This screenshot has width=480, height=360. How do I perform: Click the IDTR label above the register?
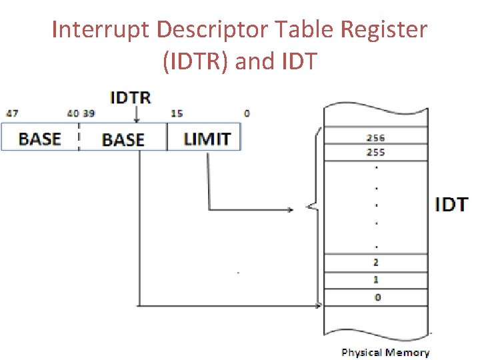pyautogui.click(x=130, y=97)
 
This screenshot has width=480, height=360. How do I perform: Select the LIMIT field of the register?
pyautogui.click(x=207, y=139)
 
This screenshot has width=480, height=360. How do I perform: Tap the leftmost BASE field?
pyautogui.click(x=39, y=139)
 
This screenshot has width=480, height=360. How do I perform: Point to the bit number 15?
pyautogui.click(x=177, y=113)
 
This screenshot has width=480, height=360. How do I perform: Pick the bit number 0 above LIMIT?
pyautogui.click(x=247, y=113)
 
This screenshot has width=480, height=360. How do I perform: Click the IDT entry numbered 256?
pyautogui.click(x=375, y=138)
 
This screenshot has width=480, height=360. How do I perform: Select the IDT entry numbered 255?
pyautogui.click(x=375, y=152)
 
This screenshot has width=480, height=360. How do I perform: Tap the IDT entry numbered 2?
pyautogui.click(x=376, y=263)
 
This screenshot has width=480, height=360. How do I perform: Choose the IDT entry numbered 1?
pyautogui.click(x=376, y=280)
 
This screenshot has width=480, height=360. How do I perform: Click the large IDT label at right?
pyautogui.click(x=451, y=204)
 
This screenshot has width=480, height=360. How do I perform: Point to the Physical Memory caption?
pyautogui.click(x=385, y=353)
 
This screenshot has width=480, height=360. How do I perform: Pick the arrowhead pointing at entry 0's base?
pyautogui.click(x=319, y=306)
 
